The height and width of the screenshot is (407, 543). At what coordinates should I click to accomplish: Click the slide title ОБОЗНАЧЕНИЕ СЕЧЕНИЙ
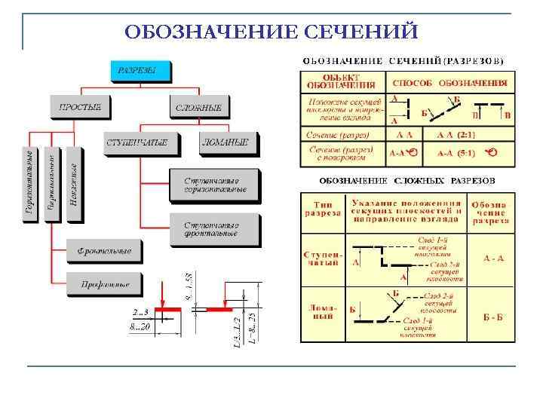271,32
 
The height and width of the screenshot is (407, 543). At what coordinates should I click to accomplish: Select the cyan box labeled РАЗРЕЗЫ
140,71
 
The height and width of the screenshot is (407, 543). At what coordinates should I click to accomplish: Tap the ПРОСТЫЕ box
79,107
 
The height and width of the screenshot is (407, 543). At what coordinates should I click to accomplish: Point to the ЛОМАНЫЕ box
227,142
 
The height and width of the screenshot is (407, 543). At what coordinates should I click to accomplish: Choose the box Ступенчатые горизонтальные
214,185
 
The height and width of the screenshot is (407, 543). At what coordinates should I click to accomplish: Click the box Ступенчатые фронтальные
214,229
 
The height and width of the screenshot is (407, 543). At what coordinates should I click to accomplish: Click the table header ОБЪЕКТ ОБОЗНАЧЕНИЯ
343,81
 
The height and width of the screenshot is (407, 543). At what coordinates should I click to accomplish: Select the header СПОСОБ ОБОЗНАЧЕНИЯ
449,81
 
